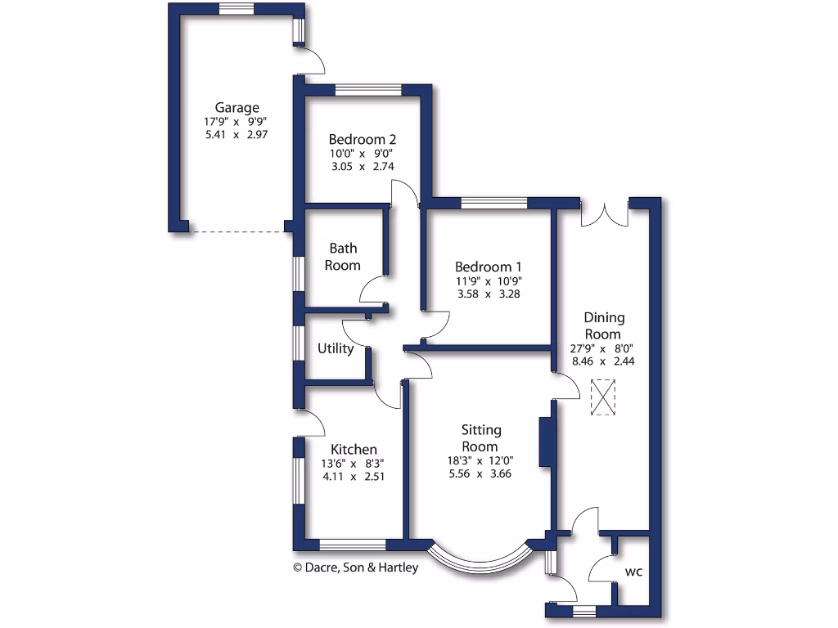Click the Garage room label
[x=237, y=107]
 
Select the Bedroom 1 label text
[x=489, y=267]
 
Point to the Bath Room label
[x=343, y=256]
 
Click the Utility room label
[x=336, y=349]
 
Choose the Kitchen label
[x=354, y=449]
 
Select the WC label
[x=633, y=572]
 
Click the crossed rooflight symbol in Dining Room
[x=603, y=397]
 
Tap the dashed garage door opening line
[x=237, y=231]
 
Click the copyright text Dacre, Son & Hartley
[x=355, y=567]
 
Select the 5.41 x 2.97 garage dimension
[x=237, y=135]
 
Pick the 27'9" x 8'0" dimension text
[x=603, y=348]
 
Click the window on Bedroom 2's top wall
[x=367, y=89]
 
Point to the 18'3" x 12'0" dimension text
[x=480, y=460]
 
